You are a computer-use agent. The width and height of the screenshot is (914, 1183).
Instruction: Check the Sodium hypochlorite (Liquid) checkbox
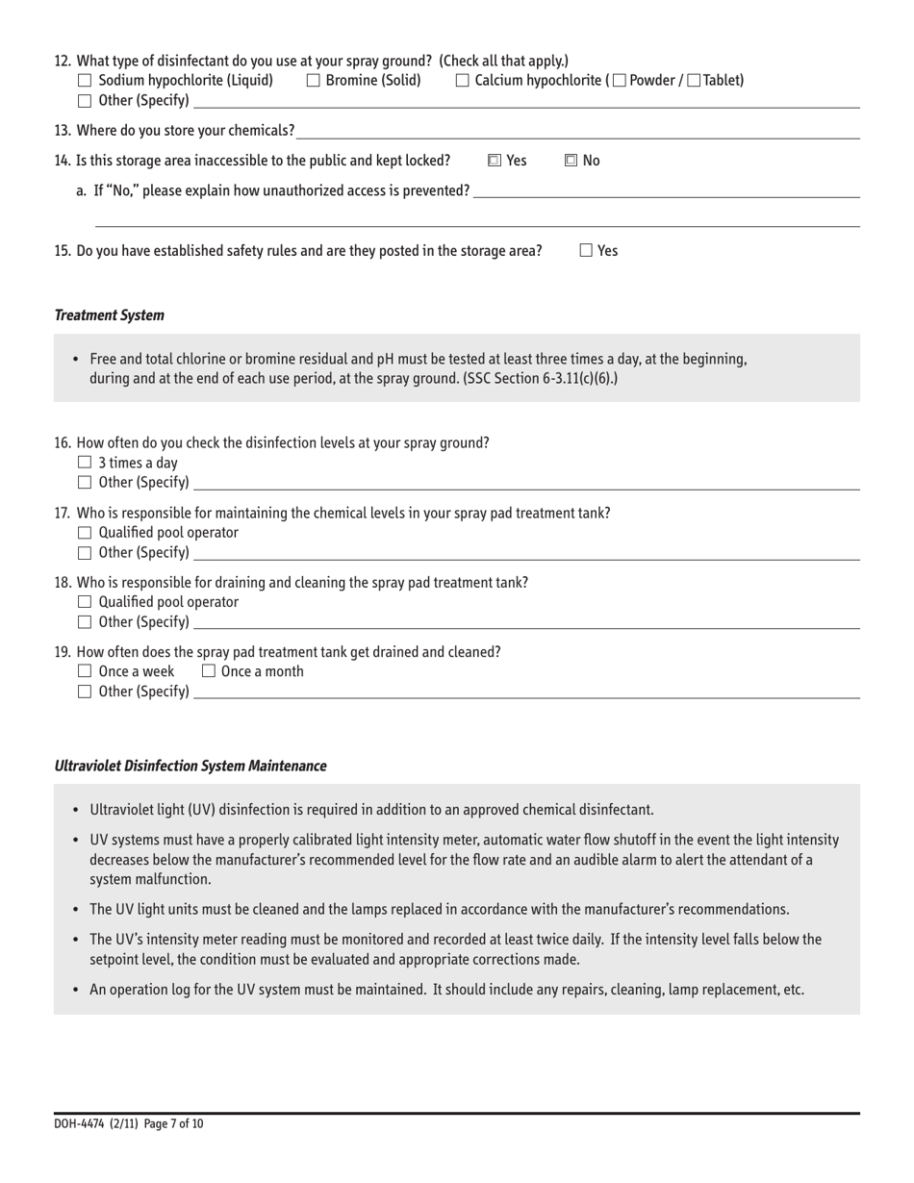pyautogui.click(x=84, y=81)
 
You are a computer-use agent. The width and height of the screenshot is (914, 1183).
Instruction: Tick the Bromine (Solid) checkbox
pyautogui.click(x=313, y=81)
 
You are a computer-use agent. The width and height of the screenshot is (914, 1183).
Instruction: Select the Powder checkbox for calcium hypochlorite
pyautogui.click(x=619, y=81)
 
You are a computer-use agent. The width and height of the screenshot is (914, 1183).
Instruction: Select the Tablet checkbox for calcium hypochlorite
pyautogui.click(x=694, y=81)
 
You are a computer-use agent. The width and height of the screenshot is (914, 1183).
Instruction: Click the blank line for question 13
pyautogui.click(x=577, y=131)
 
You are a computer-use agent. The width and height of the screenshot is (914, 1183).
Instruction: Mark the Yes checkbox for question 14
pyautogui.click(x=494, y=161)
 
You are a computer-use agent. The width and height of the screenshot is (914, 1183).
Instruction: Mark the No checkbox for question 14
pyautogui.click(x=571, y=161)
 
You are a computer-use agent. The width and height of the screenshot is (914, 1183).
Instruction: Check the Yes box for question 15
pyautogui.click(x=586, y=251)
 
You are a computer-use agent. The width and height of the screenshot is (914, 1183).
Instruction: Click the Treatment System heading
pyautogui.click(x=109, y=315)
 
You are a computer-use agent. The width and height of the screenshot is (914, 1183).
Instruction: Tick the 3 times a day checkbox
pyautogui.click(x=84, y=464)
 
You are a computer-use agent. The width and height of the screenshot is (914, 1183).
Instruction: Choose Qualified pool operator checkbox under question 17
pyautogui.click(x=84, y=533)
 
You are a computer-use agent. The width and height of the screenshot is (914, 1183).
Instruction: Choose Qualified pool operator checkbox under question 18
pyautogui.click(x=84, y=602)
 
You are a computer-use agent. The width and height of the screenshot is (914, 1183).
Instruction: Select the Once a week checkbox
pyautogui.click(x=84, y=671)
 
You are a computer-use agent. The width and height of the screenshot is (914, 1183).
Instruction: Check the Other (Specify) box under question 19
pyautogui.click(x=84, y=692)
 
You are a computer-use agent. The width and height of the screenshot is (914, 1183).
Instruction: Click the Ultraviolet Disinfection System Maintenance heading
pyautogui.click(x=190, y=767)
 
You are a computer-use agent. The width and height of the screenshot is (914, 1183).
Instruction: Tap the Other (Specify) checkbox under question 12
pyautogui.click(x=84, y=101)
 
